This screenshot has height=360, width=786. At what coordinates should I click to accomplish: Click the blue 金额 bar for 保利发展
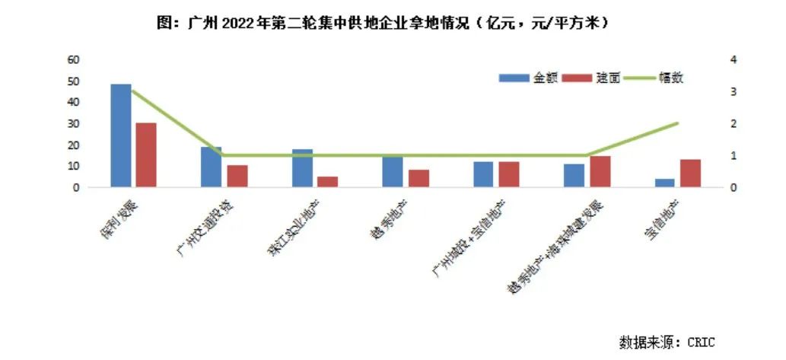point(120,135)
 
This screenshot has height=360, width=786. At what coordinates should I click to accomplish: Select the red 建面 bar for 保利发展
point(146,155)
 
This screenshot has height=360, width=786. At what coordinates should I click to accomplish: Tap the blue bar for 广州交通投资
point(212,167)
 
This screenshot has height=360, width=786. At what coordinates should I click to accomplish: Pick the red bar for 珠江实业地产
point(328,181)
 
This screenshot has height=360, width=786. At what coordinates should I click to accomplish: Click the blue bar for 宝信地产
point(665,183)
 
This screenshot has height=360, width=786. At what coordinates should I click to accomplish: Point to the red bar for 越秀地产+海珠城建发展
point(600,171)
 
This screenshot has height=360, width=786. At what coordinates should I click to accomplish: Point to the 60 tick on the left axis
point(74,59)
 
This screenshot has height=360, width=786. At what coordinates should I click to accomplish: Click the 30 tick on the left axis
point(74,123)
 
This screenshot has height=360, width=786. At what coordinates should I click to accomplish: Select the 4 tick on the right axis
point(732,59)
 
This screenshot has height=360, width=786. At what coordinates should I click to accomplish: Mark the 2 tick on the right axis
point(732,123)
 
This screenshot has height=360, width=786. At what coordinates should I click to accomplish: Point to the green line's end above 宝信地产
point(677,123)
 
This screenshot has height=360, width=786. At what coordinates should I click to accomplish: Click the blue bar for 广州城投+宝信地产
point(483,174)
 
